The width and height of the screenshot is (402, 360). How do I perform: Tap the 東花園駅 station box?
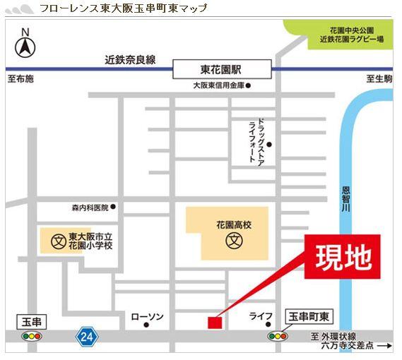pyautogui.click(x=221, y=69)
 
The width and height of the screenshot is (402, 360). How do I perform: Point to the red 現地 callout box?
pyautogui.click(x=343, y=257)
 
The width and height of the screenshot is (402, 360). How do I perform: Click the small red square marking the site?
pyautogui.click(x=214, y=323)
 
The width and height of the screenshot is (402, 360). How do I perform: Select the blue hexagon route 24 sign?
pyautogui.click(x=87, y=337)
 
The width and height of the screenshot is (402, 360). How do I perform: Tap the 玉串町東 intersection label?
pyautogui.click(x=312, y=318)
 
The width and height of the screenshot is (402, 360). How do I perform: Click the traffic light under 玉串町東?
pyautogui.click(x=278, y=337)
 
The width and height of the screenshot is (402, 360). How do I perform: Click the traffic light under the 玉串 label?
pyautogui.click(x=32, y=337)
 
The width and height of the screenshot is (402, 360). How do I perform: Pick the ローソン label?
pyautogui.click(x=147, y=317)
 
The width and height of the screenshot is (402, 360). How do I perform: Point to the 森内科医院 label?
pyautogui.click(x=90, y=208)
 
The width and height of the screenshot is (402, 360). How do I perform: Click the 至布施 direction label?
pyautogui.click(x=20, y=79)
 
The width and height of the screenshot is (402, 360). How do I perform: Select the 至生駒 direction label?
pyautogui.click(x=379, y=79)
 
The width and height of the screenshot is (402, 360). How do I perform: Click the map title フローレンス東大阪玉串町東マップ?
pyautogui.click(x=124, y=8)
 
